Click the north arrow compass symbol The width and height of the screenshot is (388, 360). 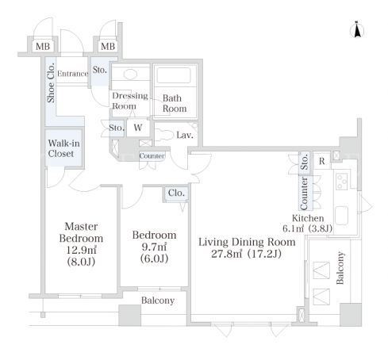357,30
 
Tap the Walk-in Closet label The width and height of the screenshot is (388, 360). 63,148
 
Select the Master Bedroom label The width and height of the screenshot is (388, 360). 81,232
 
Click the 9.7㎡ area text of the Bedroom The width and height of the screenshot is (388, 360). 154,247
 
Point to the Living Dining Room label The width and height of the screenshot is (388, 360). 247,242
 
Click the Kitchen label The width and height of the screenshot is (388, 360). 308,218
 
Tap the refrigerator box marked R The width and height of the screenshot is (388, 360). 321,161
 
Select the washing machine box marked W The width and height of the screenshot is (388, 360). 138,128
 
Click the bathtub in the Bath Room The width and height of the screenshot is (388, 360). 174,75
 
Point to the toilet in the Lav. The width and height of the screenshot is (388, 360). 162,135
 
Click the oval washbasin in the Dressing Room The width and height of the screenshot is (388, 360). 130,75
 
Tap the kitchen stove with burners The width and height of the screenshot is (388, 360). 341,182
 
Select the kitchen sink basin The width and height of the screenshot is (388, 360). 341,216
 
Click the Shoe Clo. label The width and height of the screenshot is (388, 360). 51,82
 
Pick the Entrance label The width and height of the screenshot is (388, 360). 73,74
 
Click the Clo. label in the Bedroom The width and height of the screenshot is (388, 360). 176,193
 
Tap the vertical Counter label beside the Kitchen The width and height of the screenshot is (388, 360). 304,193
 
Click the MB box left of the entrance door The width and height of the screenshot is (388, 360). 43,47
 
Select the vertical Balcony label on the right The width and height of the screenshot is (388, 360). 340,268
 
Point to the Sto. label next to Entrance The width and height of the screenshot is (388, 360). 100,70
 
